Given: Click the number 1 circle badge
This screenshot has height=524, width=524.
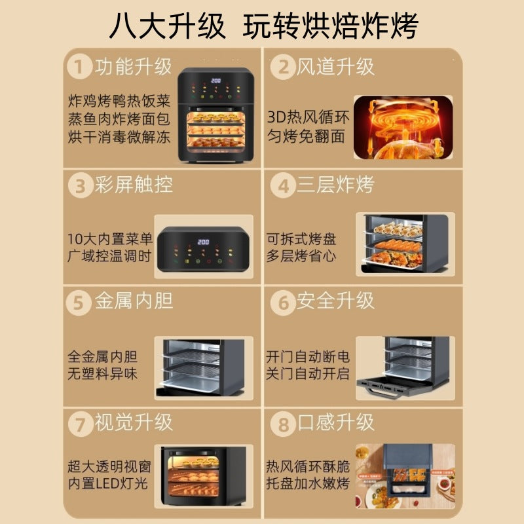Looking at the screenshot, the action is coord(79,67).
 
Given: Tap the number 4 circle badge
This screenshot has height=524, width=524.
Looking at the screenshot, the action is coord(283,185).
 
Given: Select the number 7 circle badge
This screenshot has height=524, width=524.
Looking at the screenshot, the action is coord(81,424).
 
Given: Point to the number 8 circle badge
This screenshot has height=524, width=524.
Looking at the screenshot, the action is coord(283,424).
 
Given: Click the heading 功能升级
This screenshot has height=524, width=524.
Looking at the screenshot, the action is coord(133,67).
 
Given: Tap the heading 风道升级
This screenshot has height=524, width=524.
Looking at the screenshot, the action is coord(335,67).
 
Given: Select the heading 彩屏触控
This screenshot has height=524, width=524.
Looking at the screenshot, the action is coord(134,185).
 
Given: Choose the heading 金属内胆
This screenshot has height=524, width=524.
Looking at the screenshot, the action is coord(134,301).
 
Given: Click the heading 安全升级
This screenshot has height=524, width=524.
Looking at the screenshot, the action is coord(335,301).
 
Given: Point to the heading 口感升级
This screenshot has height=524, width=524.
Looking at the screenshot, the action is coord(335,422).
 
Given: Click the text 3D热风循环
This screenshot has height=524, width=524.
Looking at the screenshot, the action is coord(308,117).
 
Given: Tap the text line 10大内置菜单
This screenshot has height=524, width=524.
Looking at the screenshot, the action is coord(110,238).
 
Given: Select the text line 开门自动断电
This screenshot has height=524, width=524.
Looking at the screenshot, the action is coord(308,356).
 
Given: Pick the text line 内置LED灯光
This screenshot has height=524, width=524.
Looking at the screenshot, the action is coord(108,483).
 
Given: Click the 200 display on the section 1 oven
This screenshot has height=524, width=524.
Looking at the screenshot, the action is coord(216,81).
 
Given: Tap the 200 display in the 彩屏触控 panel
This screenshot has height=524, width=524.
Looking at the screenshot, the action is coord(203,242).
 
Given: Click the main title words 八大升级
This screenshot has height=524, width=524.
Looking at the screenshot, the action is coord(167,26).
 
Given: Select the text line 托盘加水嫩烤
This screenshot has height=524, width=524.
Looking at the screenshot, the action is coord(308,483).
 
